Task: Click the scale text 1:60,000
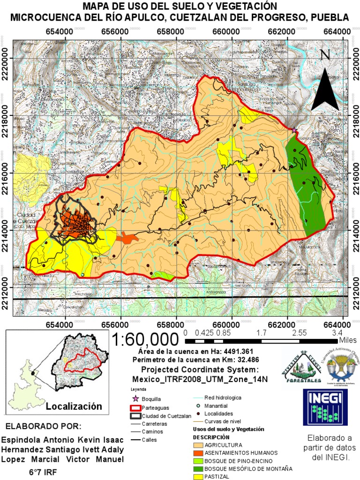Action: pos(146,338)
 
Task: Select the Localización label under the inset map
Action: pos(74,406)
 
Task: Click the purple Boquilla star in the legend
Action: pos(135,398)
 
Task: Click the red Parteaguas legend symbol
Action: pos(135,407)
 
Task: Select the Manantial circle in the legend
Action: pos(198,405)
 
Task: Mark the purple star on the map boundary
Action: pos(294,130)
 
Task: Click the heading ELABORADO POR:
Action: pos(43,426)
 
